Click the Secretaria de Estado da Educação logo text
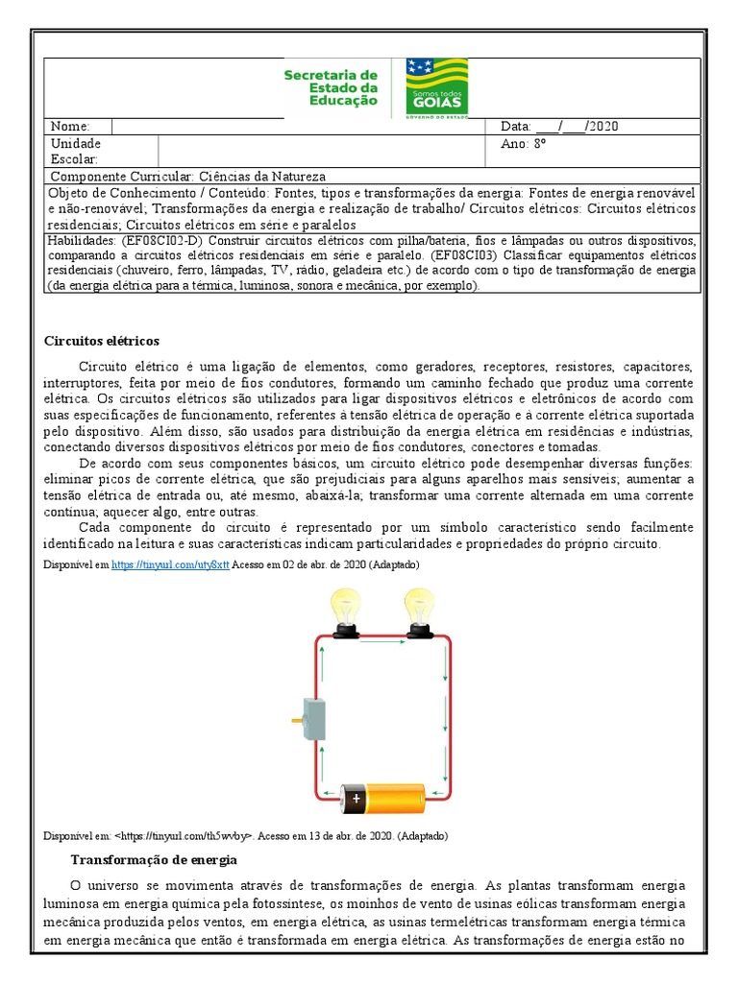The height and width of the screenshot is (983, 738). [x=331, y=87]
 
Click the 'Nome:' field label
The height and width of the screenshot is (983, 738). [x=69, y=127]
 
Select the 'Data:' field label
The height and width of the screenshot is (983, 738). [x=515, y=127]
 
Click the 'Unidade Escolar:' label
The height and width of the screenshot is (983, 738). [x=75, y=151]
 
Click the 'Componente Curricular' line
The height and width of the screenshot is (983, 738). [x=187, y=177]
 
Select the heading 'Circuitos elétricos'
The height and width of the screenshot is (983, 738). [x=102, y=341]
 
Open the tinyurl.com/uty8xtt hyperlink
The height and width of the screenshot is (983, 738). [x=170, y=565]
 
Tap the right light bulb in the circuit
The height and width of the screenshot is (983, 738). [x=418, y=611]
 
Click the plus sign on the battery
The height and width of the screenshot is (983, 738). [x=356, y=797]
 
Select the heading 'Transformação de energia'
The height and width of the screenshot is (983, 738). [x=154, y=859]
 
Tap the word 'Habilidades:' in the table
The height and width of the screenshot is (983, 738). [x=81, y=241]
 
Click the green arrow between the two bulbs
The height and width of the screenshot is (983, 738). [x=381, y=641]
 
